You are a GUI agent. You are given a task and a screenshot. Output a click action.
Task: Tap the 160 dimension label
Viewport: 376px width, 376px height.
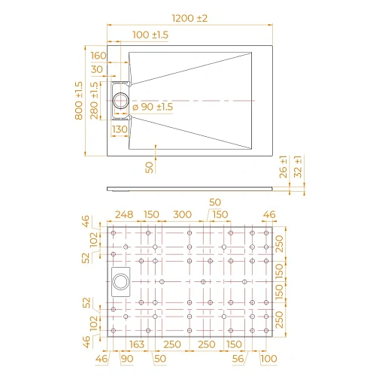(x=99, y=55)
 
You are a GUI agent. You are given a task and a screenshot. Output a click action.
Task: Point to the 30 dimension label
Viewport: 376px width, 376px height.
(x=98, y=70)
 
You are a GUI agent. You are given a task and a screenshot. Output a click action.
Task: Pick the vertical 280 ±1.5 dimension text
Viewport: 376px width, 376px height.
(x=95, y=102)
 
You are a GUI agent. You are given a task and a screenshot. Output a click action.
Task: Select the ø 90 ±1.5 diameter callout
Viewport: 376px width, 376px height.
(x=153, y=107)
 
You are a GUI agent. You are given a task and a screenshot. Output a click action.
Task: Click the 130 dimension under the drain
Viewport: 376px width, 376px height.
(x=119, y=129)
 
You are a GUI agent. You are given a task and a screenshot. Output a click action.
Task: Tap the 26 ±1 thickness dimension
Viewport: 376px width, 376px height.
(x=283, y=167)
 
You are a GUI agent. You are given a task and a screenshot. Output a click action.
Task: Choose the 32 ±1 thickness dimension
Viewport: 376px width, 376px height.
(x=298, y=167)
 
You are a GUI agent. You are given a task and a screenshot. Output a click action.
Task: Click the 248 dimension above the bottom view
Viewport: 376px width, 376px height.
(x=126, y=214)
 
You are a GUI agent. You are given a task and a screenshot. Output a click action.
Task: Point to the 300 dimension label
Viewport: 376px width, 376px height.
(x=181, y=214)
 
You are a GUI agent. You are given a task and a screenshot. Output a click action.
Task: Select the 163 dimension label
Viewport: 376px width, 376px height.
(x=136, y=344)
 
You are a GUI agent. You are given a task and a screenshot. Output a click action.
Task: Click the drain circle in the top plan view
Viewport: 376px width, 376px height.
(x=120, y=99)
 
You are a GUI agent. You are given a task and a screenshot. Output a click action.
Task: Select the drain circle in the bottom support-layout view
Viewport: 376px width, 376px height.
(x=120, y=282)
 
